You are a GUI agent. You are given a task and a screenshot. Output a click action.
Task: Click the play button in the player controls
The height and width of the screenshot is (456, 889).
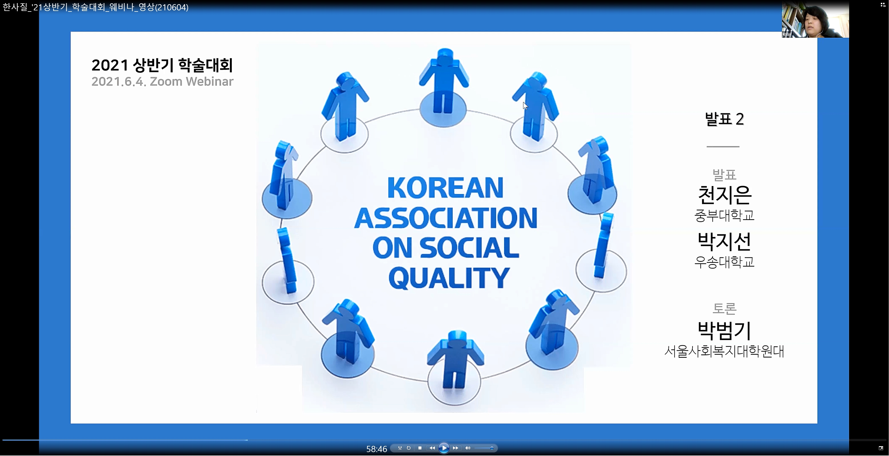tap(444, 448)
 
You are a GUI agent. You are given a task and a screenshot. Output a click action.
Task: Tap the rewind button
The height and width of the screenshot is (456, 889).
tap(432, 448)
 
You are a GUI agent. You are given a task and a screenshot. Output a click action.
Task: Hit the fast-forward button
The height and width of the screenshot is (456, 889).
tap(455, 448)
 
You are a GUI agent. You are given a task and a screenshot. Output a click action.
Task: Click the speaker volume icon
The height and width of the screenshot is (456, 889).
tap(468, 448)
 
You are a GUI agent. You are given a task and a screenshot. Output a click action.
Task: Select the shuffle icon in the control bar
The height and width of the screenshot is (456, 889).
tap(400, 448)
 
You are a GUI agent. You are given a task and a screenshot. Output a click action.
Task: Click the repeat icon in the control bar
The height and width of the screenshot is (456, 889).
tap(409, 448)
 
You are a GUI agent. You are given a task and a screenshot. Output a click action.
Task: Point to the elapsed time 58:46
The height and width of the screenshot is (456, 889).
tap(377, 449)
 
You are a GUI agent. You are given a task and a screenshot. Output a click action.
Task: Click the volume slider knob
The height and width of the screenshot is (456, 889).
tap(492, 448)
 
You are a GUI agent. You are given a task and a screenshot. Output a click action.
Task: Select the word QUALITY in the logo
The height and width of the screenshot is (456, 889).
tap(449, 278)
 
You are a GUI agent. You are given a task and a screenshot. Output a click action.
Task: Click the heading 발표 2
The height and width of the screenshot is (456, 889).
tap(724, 119)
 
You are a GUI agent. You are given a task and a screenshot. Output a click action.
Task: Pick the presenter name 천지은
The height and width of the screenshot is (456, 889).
tap(724, 195)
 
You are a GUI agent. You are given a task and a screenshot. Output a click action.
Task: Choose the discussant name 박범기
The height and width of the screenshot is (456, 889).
tap(724, 330)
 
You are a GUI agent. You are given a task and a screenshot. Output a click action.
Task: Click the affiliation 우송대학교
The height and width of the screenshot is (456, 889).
tap(724, 262)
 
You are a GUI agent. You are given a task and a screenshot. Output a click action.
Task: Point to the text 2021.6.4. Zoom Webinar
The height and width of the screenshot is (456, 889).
tap(162, 81)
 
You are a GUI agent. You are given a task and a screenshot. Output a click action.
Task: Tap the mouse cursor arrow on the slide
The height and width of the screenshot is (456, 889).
tap(525, 106)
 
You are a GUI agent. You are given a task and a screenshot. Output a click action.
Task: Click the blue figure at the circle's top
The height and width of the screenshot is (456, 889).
tap(444, 81)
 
